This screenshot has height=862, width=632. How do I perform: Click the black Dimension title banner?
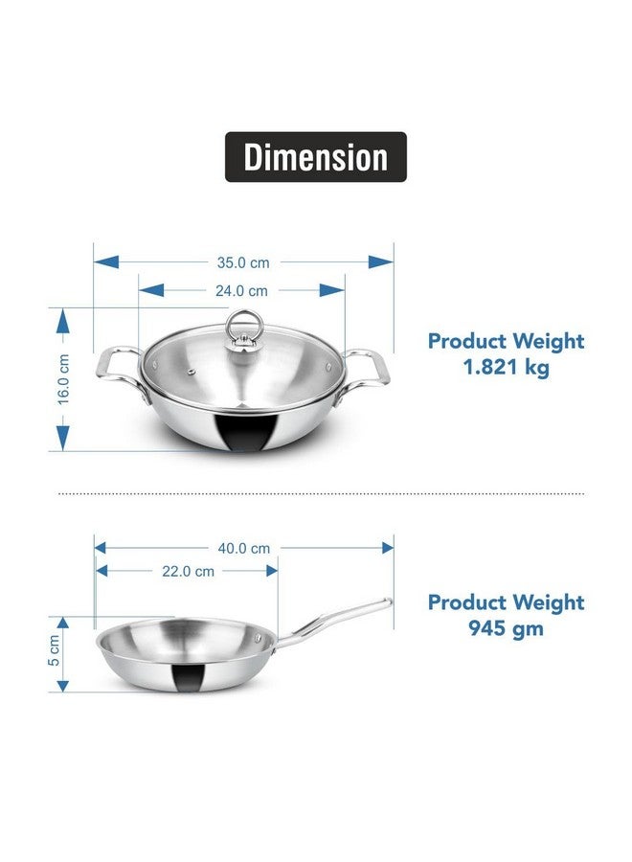(315, 157)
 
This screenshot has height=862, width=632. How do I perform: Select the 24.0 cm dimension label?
(244, 290)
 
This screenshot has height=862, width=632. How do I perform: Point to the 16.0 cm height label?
(63, 380)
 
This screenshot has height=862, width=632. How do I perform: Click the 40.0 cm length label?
(244, 549)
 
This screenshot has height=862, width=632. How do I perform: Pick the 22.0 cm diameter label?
(189, 571)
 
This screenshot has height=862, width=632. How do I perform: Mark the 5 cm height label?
(55, 650)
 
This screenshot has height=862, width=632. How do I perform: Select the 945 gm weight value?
(506, 629)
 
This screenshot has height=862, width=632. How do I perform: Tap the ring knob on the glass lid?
(240, 327)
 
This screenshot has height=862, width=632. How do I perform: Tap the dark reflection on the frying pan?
(190, 677)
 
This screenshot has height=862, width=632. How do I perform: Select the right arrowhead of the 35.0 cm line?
(382, 261)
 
